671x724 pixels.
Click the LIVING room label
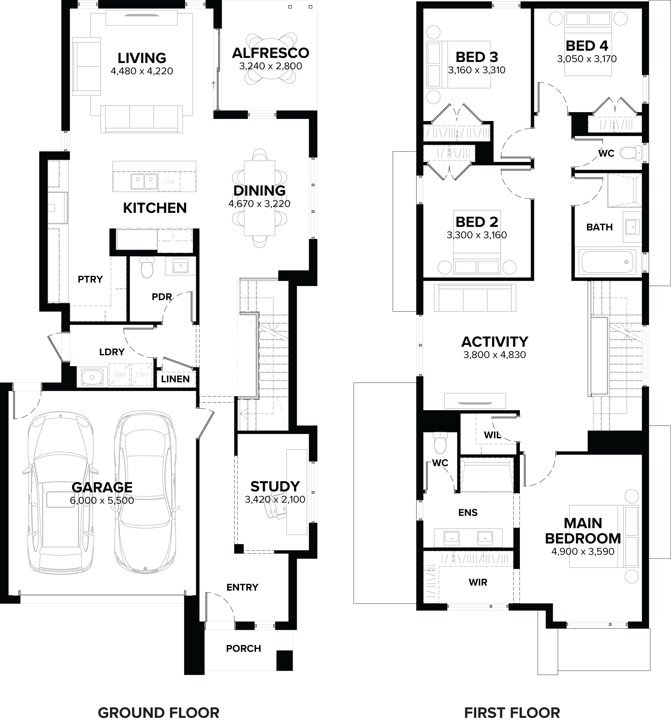pos(142,58)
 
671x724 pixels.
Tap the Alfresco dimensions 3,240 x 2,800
pos(271,66)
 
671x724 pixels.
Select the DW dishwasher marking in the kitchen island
pos(170,182)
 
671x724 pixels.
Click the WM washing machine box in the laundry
pos(120,374)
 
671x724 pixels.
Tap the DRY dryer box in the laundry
pos(142,374)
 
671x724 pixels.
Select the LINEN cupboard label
pos(175,379)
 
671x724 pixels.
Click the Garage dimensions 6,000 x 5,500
pos(102,500)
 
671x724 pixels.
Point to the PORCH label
pos(243,649)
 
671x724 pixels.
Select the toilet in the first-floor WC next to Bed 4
pos(630,152)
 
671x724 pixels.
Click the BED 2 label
pos(477,222)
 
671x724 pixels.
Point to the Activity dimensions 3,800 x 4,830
pos(495,355)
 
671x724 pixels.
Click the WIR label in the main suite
pos(478,582)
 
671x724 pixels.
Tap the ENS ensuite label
pos(468,513)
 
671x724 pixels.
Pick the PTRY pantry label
pos(90,279)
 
